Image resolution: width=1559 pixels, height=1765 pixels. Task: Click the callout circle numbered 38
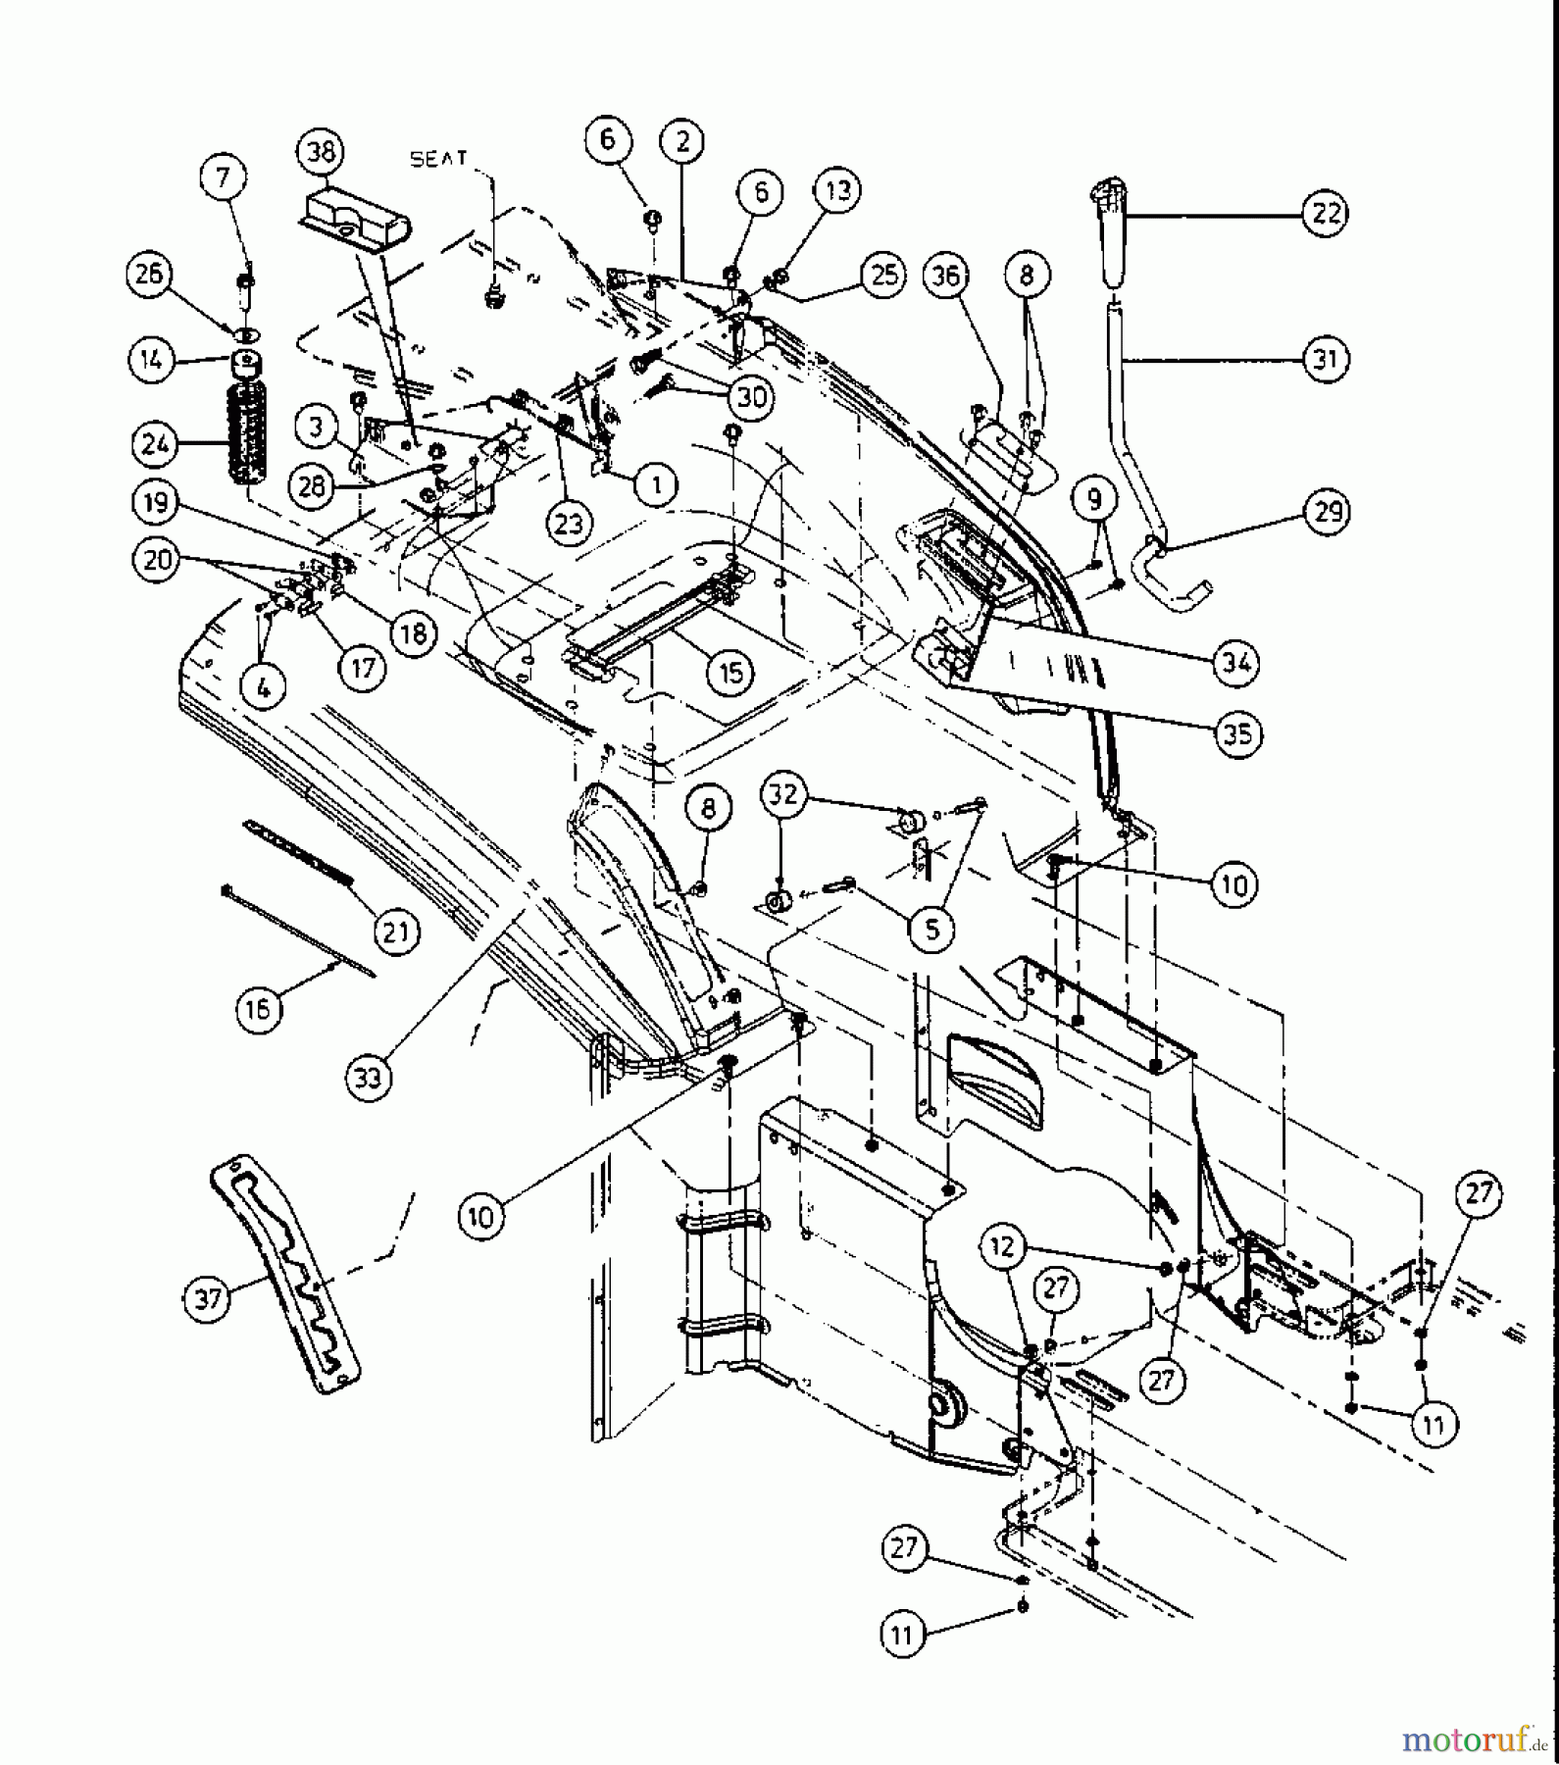click(x=321, y=152)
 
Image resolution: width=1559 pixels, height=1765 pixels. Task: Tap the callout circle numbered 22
click(x=1325, y=213)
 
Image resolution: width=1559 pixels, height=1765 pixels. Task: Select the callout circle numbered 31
click(x=1325, y=360)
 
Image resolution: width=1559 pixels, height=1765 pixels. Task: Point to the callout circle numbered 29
click(x=1327, y=511)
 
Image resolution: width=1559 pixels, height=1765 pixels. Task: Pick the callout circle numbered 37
click(x=208, y=1299)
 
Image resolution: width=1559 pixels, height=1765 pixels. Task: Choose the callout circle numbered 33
click(x=368, y=1078)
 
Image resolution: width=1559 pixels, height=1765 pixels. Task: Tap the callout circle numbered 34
click(x=1235, y=663)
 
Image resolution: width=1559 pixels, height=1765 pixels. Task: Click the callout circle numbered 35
click(x=1237, y=734)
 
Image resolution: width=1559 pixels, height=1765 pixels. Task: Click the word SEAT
click(x=439, y=159)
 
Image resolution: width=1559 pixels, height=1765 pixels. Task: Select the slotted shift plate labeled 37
click(x=284, y=1275)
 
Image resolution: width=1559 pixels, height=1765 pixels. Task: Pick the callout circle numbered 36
click(x=946, y=277)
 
